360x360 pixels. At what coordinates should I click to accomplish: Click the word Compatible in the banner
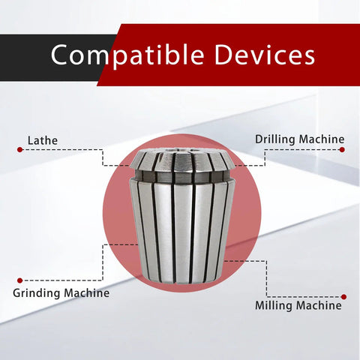[127, 55]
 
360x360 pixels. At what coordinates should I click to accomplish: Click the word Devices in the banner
[265, 55]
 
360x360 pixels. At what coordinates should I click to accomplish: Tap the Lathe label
[43, 140]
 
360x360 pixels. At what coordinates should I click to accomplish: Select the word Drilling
[275, 139]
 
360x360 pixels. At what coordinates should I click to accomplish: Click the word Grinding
[36, 293]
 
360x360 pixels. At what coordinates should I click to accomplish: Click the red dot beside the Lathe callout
[20, 150]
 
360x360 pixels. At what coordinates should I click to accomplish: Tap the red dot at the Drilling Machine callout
[342, 150]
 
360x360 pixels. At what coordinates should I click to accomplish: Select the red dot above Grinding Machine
[20, 280]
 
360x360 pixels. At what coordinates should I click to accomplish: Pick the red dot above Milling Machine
[343, 297]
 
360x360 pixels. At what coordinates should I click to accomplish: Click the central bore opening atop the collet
[181, 151]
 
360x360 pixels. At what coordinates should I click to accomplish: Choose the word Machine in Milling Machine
[319, 305]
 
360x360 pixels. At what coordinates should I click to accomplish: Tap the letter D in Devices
[223, 55]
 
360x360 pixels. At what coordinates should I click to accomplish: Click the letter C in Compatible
[59, 55]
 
